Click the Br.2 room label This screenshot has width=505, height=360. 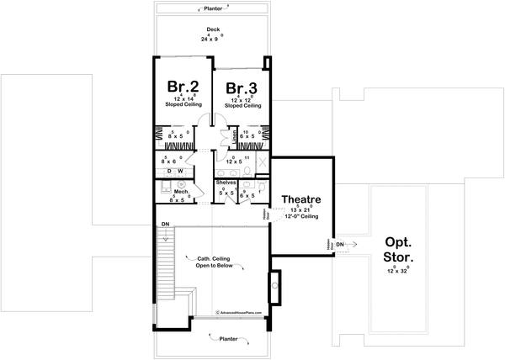182,87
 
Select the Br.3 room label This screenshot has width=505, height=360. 241,87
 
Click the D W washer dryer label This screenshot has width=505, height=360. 174,171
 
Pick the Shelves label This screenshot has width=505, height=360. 225,182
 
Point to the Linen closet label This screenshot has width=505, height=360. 234,135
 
